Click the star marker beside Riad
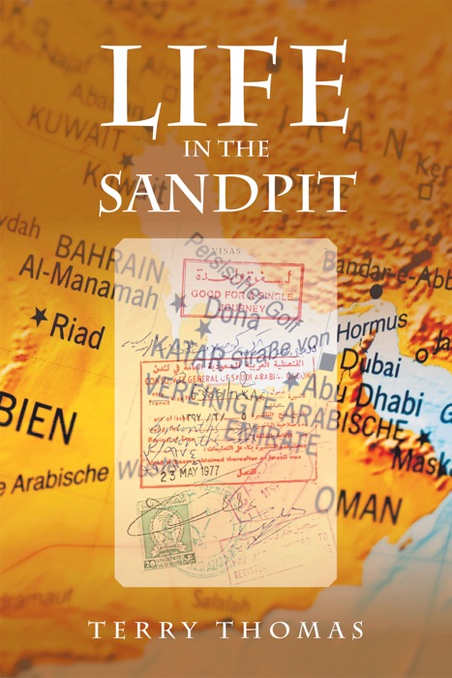39,316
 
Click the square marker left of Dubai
328,361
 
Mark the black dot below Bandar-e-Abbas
376,290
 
